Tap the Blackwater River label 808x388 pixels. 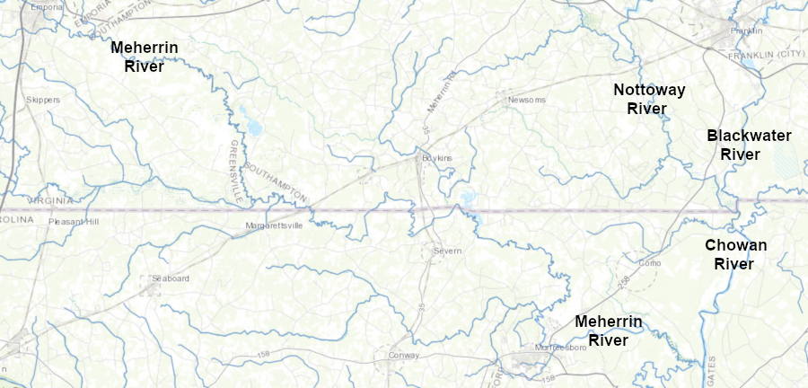[x=749, y=145]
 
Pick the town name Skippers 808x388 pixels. [x=43, y=100]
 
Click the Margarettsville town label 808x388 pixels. [x=275, y=225]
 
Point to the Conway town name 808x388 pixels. [x=405, y=356]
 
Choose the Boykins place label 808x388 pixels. [x=437, y=158]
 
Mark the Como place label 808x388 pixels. [x=649, y=263]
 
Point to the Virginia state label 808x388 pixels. [x=49, y=200]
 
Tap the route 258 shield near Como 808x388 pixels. [x=624, y=284]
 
